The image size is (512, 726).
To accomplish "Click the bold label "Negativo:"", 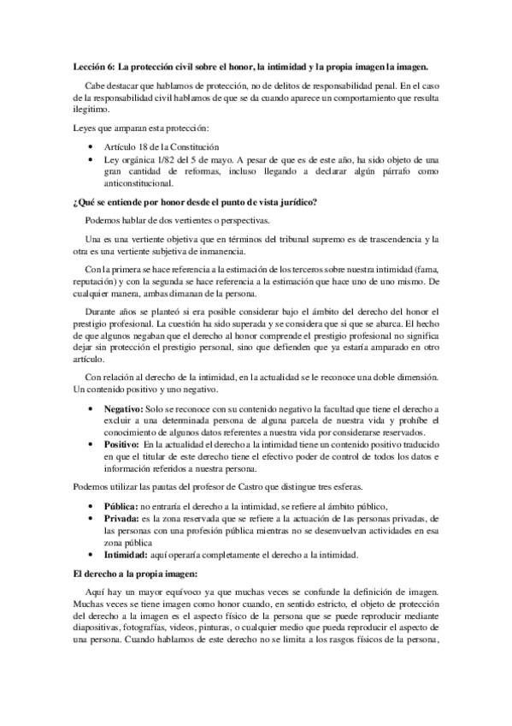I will [x=123, y=410].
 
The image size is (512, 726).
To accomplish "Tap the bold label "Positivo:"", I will [x=121, y=445].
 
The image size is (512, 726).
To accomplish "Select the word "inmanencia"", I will [x=220, y=251].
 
